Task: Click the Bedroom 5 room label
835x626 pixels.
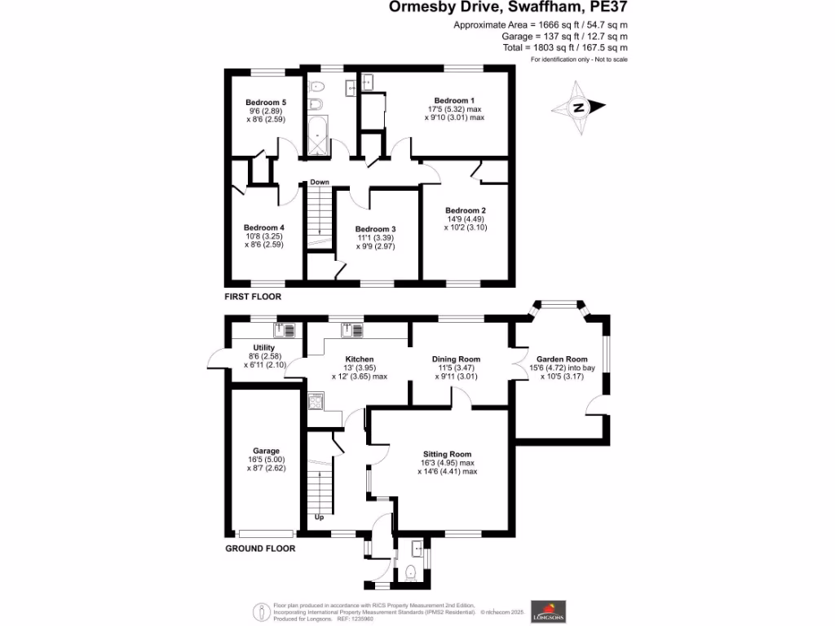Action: [262, 102]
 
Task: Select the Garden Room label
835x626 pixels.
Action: [562, 359]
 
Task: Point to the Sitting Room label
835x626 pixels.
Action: [447, 454]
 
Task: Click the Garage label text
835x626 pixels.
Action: [266, 451]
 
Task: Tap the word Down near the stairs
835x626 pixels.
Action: [319, 182]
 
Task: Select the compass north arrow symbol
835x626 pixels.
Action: [579, 107]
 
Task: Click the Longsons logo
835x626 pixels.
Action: [545, 610]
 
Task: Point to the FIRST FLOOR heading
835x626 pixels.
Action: [253, 298]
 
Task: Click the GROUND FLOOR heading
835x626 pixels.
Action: [260, 549]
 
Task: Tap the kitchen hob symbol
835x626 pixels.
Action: [316, 400]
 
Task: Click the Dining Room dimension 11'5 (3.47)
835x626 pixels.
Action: [456, 368]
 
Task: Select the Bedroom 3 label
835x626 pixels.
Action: [375, 229]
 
